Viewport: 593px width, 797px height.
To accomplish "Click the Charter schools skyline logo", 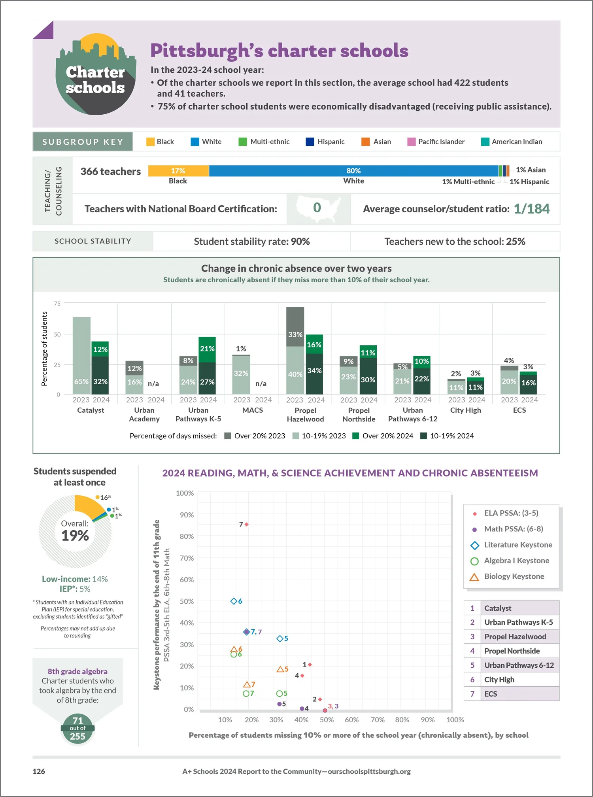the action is pyautogui.click(x=96, y=74).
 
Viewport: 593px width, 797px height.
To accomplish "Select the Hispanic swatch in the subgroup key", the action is pyautogui.click(x=310, y=142).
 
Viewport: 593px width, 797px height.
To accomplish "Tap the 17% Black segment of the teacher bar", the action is pyautogui.click(x=178, y=171).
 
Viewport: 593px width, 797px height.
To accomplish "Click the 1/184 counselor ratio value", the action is pyautogui.click(x=532, y=209).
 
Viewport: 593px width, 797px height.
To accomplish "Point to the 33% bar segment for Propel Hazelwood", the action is pyautogui.click(x=295, y=327).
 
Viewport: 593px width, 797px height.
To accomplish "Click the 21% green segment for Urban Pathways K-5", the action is pyautogui.click(x=207, y=349).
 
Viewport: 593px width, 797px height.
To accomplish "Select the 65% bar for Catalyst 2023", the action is pyautogui.click(x=81, y=355).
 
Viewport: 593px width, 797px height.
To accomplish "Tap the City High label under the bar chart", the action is pyautogui.click(x=466, y=410).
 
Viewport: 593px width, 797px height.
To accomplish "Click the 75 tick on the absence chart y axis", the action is pyautogui.click(x=57, y=303).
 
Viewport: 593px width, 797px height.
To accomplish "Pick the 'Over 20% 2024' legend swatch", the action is pyautogui.click(x=355, y=436).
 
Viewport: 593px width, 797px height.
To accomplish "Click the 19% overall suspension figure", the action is pyautogui.click(x=75, y=536).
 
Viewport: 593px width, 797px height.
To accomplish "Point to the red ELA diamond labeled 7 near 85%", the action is pyautogui.click(x=247, y=524).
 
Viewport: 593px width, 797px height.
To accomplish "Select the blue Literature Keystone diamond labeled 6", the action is pyautogui.click(x=234, y=601).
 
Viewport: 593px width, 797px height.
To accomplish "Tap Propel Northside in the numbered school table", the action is pyautogui.click(x=512, y=651).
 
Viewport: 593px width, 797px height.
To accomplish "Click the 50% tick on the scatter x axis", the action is pyautogui.click(x=327, y=720).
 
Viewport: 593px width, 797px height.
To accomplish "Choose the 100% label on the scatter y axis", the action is pyautogui.click(x=185, y=493).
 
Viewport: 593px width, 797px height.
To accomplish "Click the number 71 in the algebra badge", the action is pyautogui.click(x=78, y=721).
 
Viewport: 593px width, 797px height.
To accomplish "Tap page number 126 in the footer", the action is pyautogui.click(x=39, y=771).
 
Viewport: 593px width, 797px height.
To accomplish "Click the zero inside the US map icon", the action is pyautogui.click(x=317, y=208).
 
